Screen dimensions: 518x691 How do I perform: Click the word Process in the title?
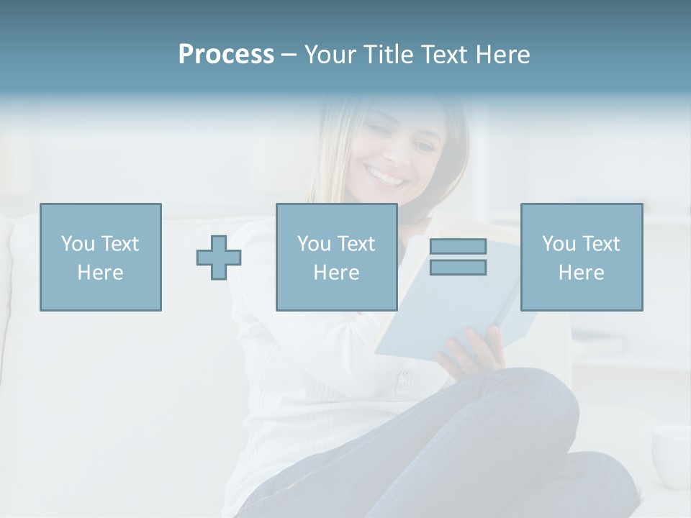226,55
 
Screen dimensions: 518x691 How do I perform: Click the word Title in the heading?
389,55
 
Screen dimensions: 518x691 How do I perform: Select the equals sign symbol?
458,257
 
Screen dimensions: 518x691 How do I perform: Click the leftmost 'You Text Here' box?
101,257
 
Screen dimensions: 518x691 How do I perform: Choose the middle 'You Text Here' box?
336,257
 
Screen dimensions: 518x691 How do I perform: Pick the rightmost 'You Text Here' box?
581,257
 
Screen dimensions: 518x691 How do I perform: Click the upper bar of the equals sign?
458,246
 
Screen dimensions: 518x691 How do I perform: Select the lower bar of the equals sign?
458,267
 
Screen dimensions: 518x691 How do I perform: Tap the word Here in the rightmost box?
581,272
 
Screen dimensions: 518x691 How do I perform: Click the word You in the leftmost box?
78,243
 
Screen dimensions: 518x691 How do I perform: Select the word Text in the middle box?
356,243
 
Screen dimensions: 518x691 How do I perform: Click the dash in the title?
289,55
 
